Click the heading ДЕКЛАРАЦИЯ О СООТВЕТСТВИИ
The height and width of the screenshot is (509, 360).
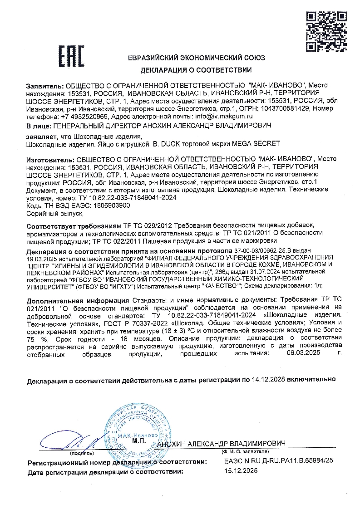[x=196, y=70]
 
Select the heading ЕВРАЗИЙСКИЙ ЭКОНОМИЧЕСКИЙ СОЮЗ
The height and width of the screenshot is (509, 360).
[x=197, y=58]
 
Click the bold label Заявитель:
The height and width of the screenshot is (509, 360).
[x=45, y=85]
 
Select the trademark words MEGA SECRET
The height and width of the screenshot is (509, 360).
[x=256, y=143]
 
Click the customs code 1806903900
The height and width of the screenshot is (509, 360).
[x=108, y=205]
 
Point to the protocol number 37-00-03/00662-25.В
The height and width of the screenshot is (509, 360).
[x=265, y=250]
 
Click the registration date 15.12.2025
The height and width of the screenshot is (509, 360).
[x=241, y=471]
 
